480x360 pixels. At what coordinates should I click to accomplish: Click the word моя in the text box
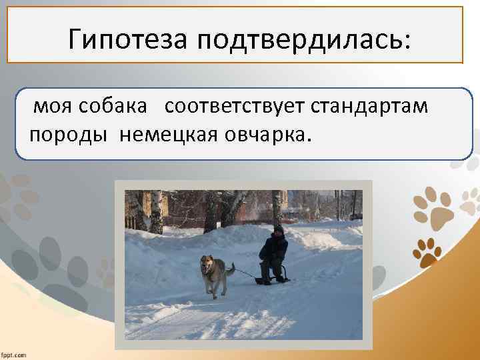point(49,107)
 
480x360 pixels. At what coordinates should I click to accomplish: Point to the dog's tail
point(230,269)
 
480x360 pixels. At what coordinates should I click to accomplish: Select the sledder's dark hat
point(278,229)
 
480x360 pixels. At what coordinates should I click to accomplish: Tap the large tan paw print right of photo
point(433,207)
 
